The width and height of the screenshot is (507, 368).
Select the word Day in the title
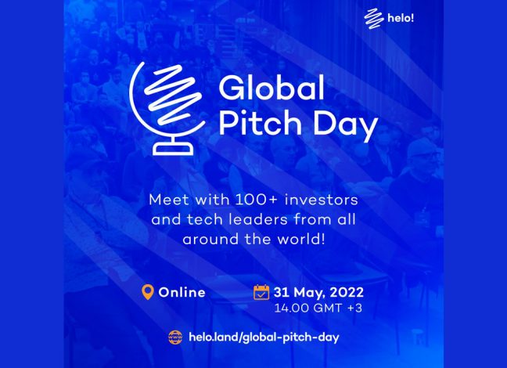(x=346, y=126)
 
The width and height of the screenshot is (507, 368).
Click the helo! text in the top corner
(x=401, y=18)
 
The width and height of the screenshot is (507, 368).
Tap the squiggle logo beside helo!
(x=374, y=19)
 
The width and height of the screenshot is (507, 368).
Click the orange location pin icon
(x=148, y=292)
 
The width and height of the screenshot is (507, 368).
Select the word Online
(x=182, y=292)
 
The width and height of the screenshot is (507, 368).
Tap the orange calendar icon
(x=261, y=292)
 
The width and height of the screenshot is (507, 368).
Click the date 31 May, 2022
(x=318, y=292)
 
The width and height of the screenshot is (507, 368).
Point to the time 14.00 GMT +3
(x=318, y=308)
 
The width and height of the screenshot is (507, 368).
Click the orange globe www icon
(x=175, y=337)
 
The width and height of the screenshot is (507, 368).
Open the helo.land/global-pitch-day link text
(x=264, y=337)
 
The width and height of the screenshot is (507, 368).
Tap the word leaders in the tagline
(x=258, y=219)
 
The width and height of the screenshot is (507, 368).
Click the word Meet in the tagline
(x=169, y=200)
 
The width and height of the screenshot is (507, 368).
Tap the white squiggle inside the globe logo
(x=172, y=95)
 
